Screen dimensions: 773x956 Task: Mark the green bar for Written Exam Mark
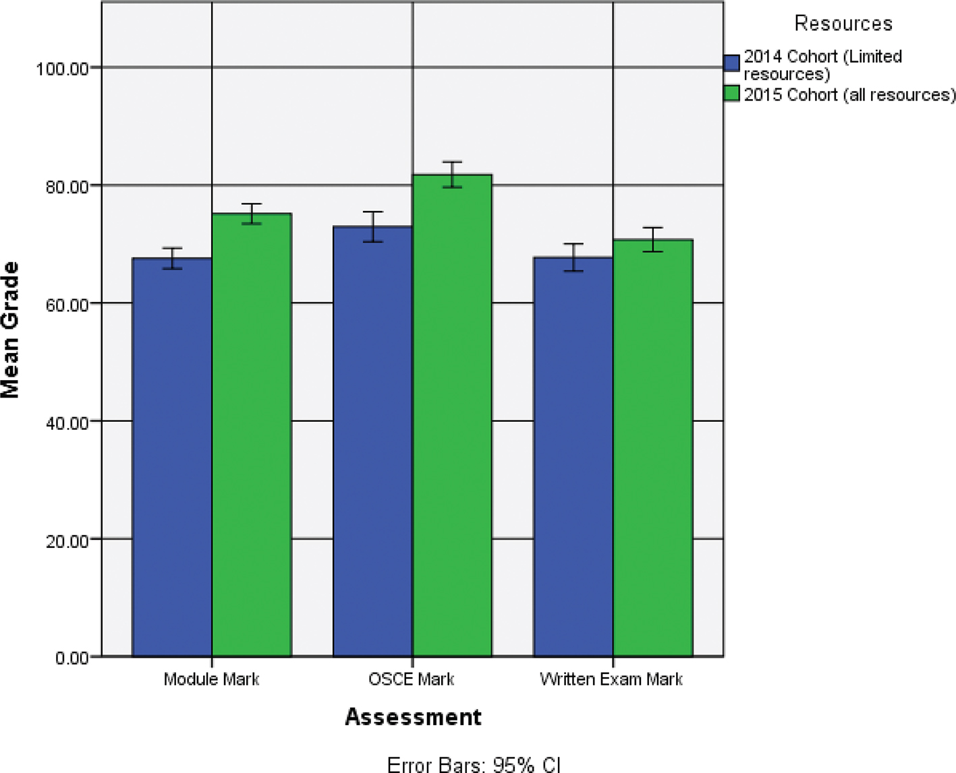click(652, 447)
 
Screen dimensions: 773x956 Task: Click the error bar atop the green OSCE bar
click(452, 175)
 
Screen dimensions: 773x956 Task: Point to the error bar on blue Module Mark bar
click(172, 258)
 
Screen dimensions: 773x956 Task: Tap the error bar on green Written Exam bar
click(652, 239)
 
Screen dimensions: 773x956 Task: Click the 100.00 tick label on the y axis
click(63, 69)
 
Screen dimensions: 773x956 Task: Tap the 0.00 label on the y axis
click(72, 658)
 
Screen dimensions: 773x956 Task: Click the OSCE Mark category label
click(412, 679)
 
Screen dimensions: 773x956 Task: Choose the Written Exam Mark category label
click(611, 679)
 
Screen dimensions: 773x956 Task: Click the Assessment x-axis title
click(413, 716)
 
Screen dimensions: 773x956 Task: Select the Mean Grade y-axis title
click(11, 330)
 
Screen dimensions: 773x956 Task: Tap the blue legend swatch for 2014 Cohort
click(731, 63)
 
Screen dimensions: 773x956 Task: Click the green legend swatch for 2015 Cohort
click(731, 94)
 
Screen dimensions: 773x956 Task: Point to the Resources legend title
click(843, 24)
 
